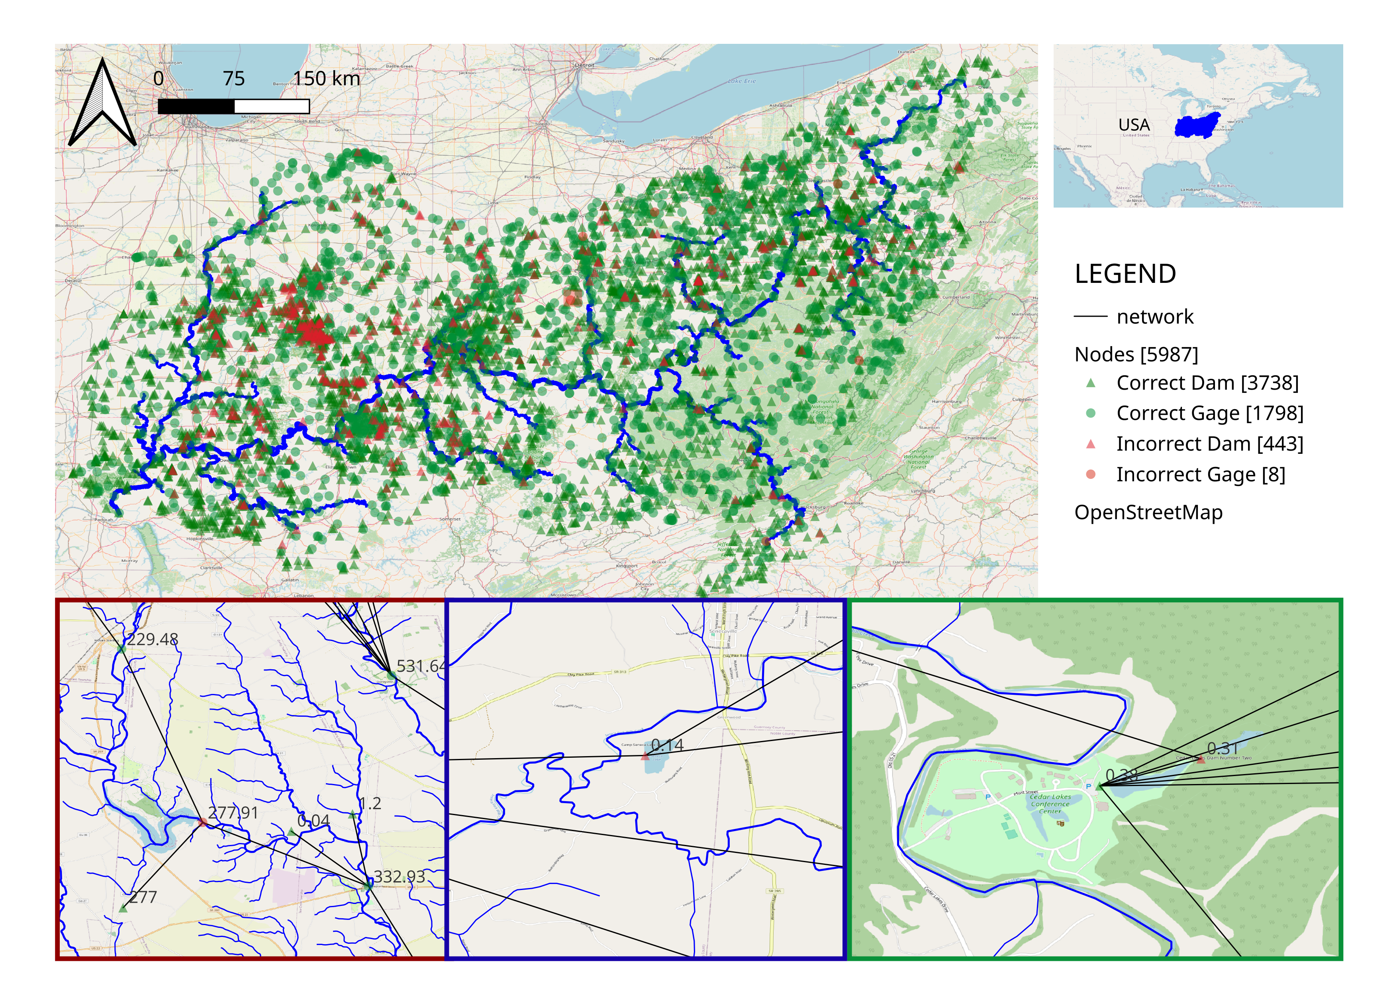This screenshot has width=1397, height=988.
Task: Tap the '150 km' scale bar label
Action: tap(327, 78)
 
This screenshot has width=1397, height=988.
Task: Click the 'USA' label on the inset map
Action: tap(1134, 125)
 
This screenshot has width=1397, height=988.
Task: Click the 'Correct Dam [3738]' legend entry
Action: tap(1207, 383)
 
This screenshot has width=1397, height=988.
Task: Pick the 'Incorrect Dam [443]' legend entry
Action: tap(1209, 443)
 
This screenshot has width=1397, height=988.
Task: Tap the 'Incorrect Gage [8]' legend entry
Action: tap(1200, 474)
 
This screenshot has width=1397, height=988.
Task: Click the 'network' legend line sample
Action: tap(1090, 316)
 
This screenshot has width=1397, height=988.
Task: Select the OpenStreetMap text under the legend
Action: tap(1148, 512)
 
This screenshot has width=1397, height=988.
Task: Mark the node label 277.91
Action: tap(233, 813)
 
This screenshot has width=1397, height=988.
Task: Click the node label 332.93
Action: tap(399, 877)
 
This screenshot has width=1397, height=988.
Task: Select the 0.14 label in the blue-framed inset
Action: tap(668, 745)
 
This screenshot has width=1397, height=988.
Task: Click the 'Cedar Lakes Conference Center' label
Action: tap(1050, 804)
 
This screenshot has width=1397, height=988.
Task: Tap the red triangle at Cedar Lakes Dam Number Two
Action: tap(1200, 759)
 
